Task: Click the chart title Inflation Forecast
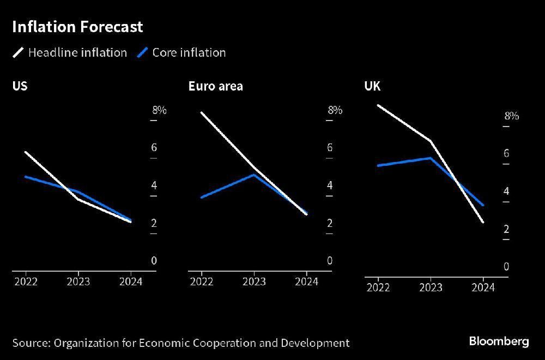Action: (x=77, y=27)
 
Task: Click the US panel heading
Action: (x=20, y=86)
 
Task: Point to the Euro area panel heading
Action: (x=215, y=86)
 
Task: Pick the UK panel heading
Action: (x=372, y=86)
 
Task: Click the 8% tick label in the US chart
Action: (x=159, y=110)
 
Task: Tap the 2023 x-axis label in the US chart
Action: (x=78, y=281)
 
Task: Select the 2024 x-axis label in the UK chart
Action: (x=483, y=287)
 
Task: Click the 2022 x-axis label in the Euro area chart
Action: (x=202, y=281)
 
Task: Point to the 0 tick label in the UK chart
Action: (x=506, y=267)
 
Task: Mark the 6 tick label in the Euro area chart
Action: (x=330, y=148)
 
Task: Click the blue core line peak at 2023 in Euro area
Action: (x=253, y=175)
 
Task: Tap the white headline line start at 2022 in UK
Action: (x=378, y=105)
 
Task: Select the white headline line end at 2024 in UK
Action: (x=483, y=222)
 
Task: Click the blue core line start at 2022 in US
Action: (x=26, y=176)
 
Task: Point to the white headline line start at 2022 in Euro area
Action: (x=202, y=112)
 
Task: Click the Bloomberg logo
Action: (x=499, y=341)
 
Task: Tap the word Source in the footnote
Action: (x=31, y=343)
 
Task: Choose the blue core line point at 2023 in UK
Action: (x=431, y=158)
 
